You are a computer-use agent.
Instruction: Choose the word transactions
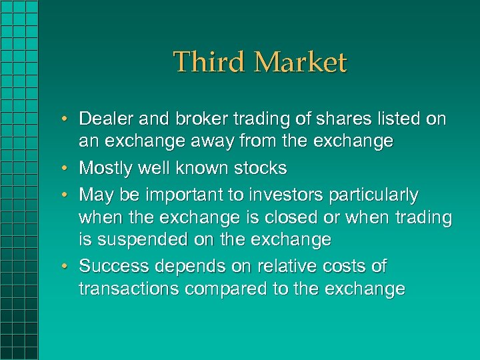tap(125, 289)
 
